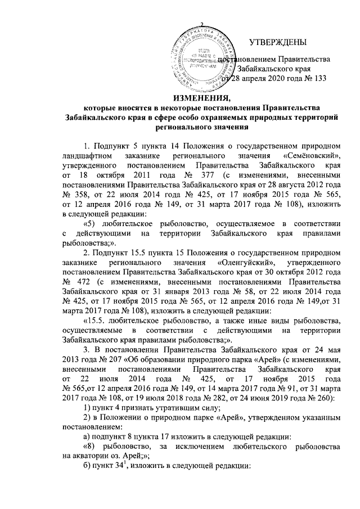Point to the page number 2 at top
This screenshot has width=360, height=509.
[201, 23]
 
